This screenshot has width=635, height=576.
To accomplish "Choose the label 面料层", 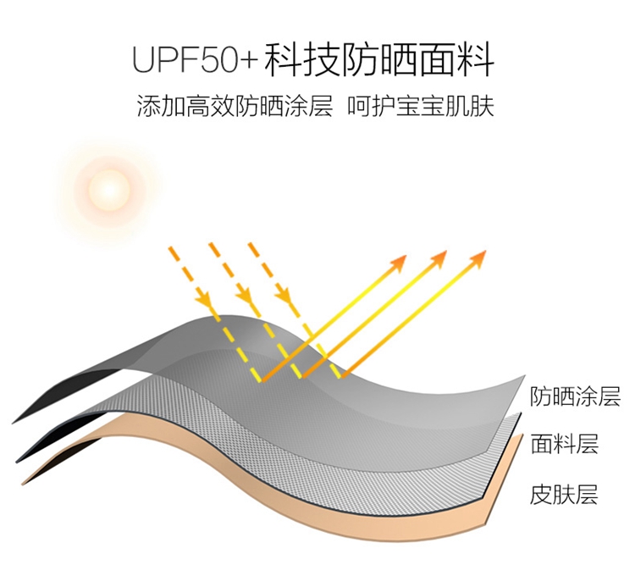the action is (564, 443).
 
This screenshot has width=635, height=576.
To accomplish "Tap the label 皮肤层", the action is (564, 494).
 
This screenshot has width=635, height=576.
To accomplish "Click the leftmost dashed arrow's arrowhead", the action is (203, 301).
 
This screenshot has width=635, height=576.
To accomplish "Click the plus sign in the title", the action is (249, 60).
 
